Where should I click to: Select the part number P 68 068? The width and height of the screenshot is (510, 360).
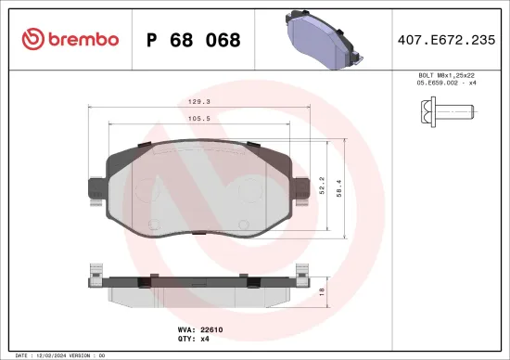click(x=194, y=40)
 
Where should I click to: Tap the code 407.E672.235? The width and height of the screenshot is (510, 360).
click(x=445, y=40)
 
